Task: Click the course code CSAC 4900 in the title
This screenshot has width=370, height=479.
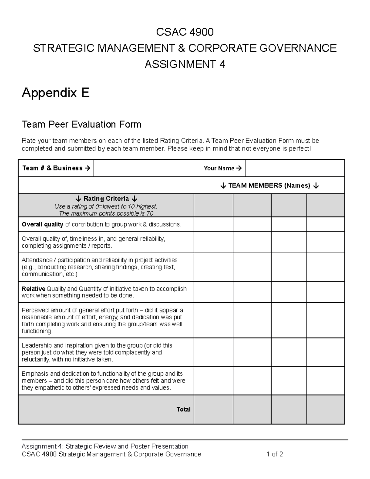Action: click(x=185, y=32)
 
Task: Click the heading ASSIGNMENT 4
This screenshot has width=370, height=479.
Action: click(x=185, y=64)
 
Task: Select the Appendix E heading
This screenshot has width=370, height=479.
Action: click(x=55, y=93)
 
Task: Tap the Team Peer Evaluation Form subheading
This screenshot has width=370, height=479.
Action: click(x=81, y=124)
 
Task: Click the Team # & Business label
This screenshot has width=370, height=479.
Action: click(x=56, y=168)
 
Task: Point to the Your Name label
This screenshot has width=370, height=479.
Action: click(x=222, y=168)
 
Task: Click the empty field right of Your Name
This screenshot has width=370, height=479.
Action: click(x=294, y=168)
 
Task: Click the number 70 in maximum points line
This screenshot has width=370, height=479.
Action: click(x=150, y=213)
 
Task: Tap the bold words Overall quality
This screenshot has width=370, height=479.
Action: click(x=43, y=225)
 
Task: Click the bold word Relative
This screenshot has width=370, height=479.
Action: click(x=33, y=289)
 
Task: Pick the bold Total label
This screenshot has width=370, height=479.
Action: click(x=183, y=409)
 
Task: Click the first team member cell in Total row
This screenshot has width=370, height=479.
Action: click(x=213, y=409)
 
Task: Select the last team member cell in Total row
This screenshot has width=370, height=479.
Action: click(x=325, y=409)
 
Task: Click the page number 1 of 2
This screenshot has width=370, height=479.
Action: click(x=275, y=454)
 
